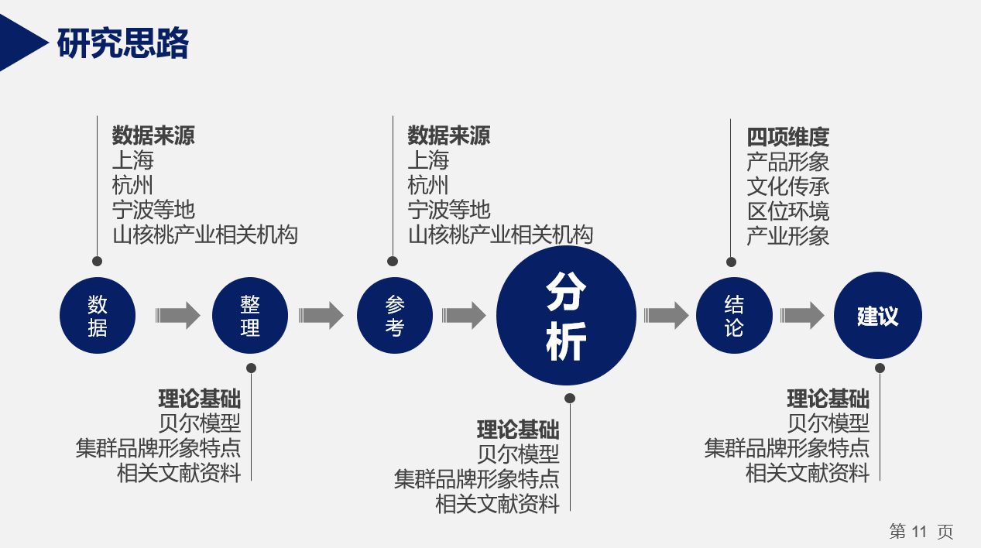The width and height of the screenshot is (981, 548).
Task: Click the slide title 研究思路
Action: (x=122, y=43)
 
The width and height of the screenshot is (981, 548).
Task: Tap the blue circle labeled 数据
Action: (x=98, y=315)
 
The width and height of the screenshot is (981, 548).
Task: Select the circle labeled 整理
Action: (x=250, y=315)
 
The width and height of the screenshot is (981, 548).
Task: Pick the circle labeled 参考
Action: (x=395, y=315)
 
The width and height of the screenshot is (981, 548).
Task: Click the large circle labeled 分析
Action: (x=566, y=315)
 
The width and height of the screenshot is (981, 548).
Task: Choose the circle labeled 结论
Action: (x=734, y=315)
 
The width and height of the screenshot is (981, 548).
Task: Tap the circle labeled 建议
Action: (x=878, y=315)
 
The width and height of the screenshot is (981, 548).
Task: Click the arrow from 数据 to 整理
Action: (x=178, y=315)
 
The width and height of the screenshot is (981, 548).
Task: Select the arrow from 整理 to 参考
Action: (x=321, y=315)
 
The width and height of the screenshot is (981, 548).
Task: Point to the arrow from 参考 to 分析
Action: (x=464, y=315)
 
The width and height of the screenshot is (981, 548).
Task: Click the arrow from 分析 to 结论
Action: (x=666, y=315)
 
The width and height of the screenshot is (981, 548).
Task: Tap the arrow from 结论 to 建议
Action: (x=802, y=315)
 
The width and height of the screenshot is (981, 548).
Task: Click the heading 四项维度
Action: (x=788, y=137)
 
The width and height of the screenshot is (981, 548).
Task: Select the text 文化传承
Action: (x=788, y=187)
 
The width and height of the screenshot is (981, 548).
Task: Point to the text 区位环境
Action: (x=788, y=211)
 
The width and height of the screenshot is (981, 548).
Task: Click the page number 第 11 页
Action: (x=921, y=532)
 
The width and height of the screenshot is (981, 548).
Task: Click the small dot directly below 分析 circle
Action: (x=570, y=398)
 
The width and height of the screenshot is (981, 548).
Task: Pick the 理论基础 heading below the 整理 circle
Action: (x=199, y=399)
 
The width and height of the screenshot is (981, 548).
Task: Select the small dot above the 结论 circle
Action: (x=731, y=262)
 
